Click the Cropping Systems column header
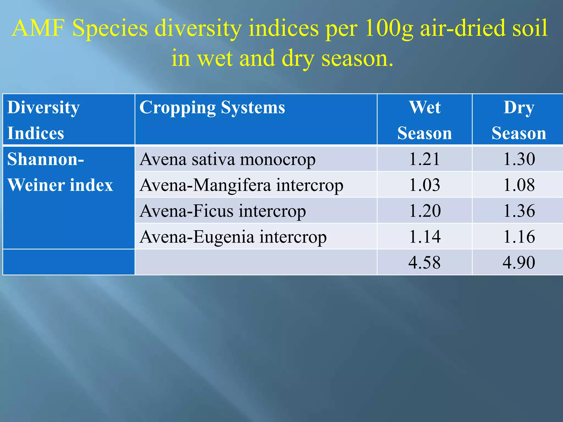click(212, 107)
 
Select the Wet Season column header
click(425, 120)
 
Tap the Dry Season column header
click(518, 120)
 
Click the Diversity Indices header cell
click(43, 120)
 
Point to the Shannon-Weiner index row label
click(60, 172)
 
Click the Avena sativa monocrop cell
click(227, 159)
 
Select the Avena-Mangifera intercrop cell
click(241, 185)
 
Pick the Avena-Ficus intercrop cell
click(222, 211)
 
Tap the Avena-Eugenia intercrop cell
click(233, 237)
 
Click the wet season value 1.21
click(425, 159)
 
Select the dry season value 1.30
click(519, 159)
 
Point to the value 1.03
click(425, 185)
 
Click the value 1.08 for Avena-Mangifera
click(519, 185)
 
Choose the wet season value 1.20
click(425, 211)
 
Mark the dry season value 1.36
click(519, 211)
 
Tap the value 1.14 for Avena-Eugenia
click(425, 237)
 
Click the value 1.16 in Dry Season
click(519, 237)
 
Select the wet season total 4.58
click(425, 262)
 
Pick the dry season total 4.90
click(519, 262)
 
